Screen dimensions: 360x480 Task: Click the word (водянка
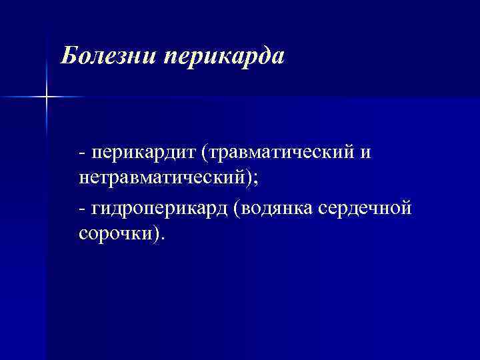coord(274,209)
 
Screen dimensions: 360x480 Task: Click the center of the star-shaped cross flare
coord(46,98)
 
